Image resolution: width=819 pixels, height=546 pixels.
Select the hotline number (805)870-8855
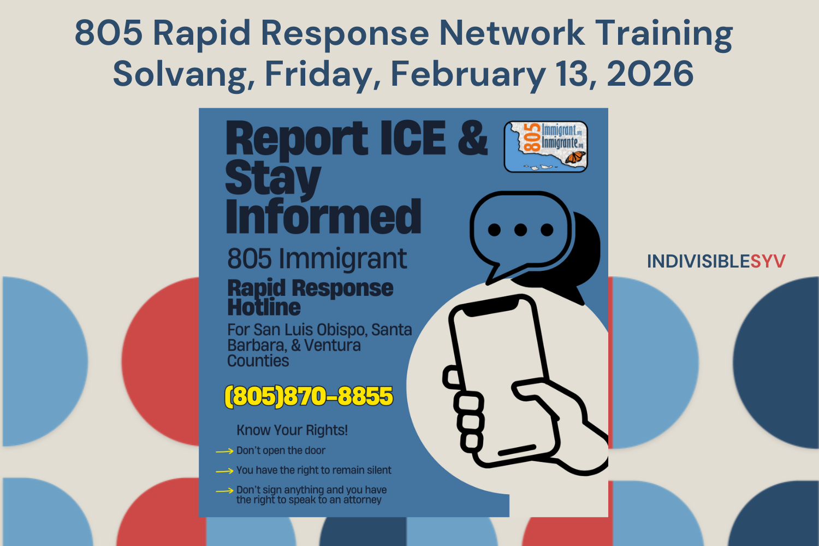click(x=308, y=396)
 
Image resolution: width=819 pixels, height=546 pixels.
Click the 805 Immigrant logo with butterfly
click(x=545, y=146)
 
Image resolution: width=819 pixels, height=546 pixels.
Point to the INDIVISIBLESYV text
click(x=716, y=262)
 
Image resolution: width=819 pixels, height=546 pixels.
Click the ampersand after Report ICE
click(x=472, y=138)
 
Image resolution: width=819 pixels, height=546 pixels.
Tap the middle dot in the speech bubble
click(x=520, y=230)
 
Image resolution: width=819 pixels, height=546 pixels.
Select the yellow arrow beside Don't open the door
click(x=224, y=452)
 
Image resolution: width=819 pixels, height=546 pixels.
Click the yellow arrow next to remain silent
click(x=224, y=471)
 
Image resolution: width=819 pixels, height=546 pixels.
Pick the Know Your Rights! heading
click(x=292, y=430)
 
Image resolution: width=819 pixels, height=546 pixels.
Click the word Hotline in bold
click(x=264, y=307)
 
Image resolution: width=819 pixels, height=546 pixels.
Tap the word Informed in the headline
click(x=323, y=217)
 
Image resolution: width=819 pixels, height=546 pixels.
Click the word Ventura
click(x=333, y=346)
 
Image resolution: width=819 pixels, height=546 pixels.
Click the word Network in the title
click(x=512, y=33)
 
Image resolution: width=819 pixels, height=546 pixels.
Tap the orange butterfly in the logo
click(x=575, y=158)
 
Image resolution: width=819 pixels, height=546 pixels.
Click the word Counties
click(x=258, y=361)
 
